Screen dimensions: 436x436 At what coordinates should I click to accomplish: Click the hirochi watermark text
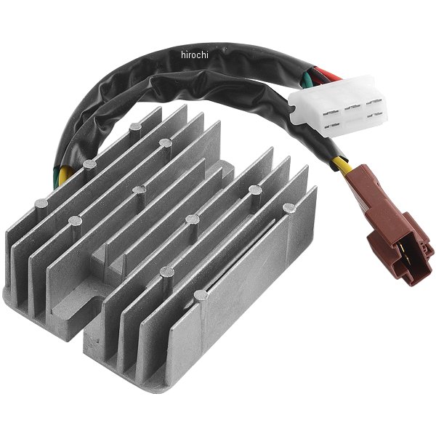pos(194,55)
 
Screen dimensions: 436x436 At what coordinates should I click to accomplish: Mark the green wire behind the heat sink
pos(56,176)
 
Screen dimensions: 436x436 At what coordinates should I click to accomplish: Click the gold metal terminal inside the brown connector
pos(401,247)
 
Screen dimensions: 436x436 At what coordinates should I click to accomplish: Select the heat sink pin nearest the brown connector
pos(289,208)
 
